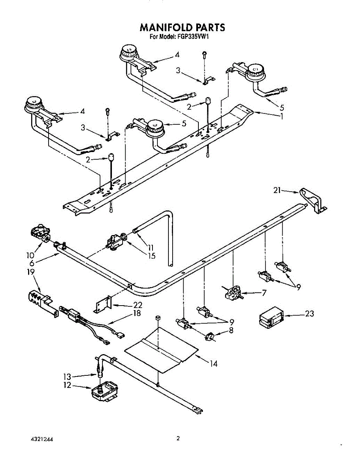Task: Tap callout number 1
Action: point(281,116)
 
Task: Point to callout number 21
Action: point(277,190)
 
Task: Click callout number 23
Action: point(310,314)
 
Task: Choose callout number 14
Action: point(214,364)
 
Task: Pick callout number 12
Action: point(67,385)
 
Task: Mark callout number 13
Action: point(67,377)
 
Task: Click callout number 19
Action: point(31,272)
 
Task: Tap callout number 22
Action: point(138,305)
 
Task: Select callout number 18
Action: point(137,313)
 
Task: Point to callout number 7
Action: point(264,293)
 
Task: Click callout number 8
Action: point(231,330)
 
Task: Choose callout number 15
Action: point(152,256)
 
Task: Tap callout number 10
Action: point(30,256)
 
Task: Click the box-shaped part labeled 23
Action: point(271,317)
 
